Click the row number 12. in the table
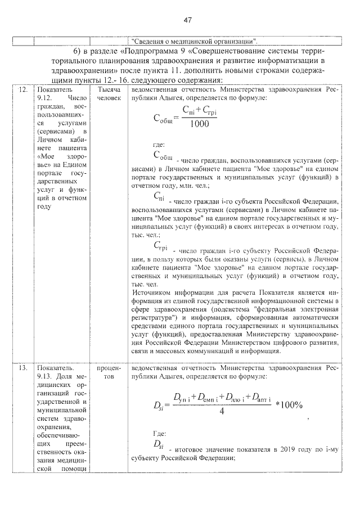click(23, 90)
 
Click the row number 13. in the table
click(23, 368)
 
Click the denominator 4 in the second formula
click(222, 412)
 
